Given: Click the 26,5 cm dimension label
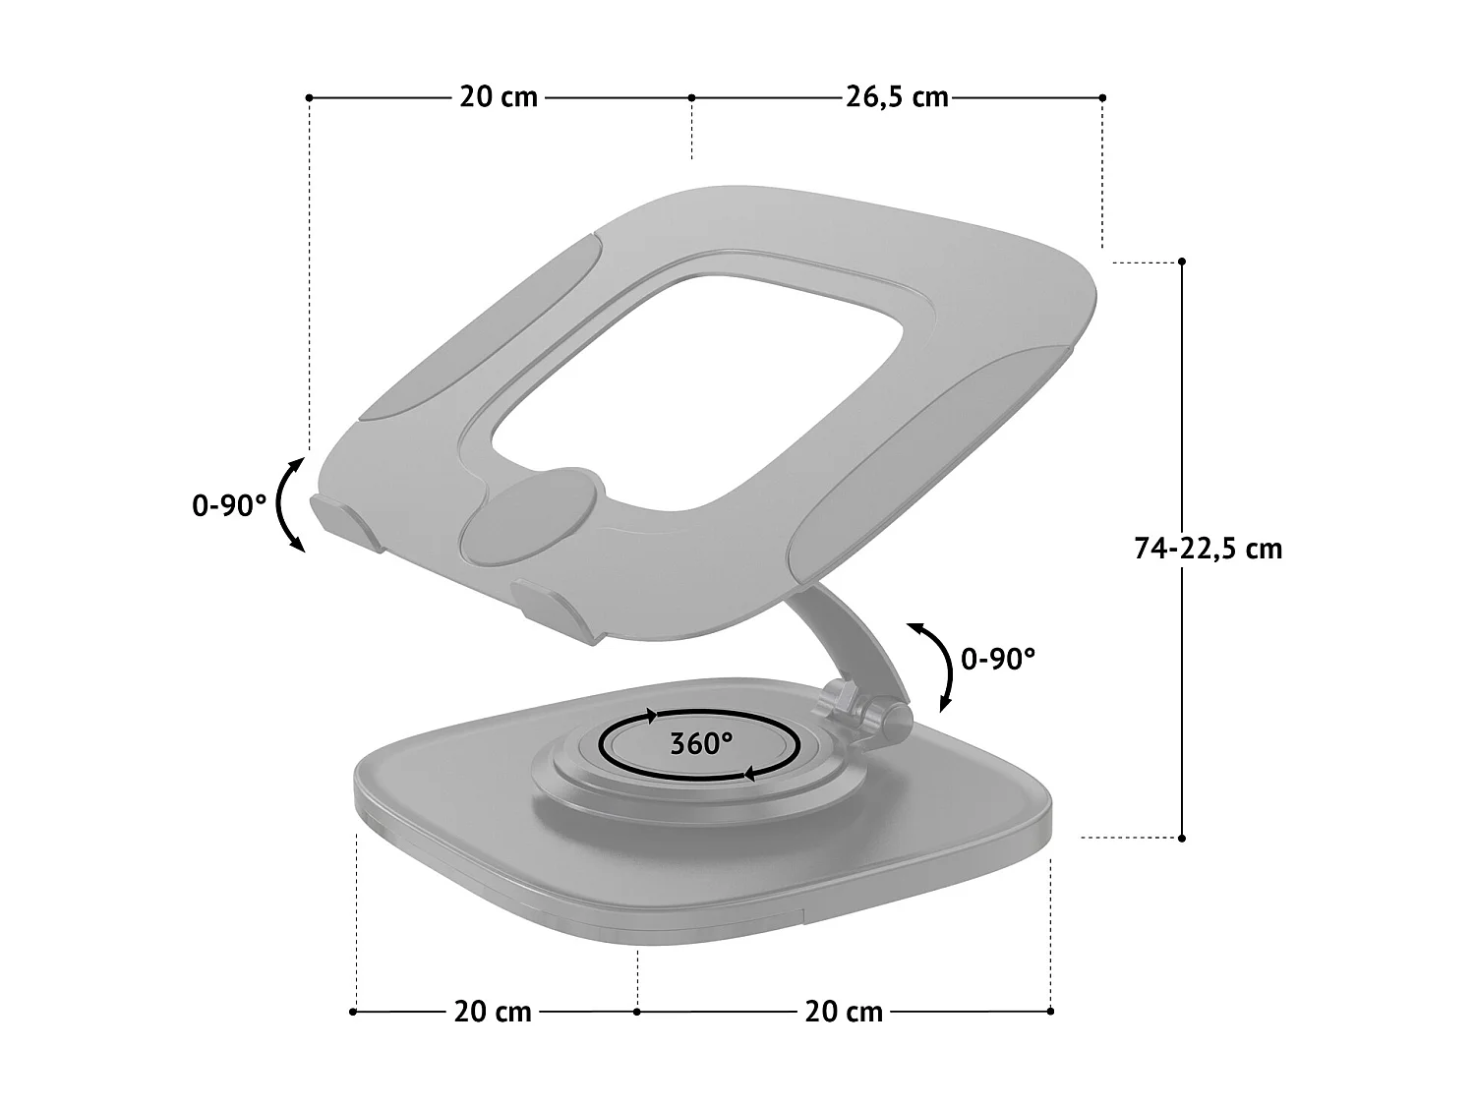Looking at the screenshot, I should [896, 97].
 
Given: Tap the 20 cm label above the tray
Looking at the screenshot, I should [499, 97].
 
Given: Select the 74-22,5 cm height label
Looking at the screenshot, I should [1208, 549].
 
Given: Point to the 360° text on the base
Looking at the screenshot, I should [701, 743].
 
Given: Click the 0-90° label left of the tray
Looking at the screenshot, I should [228, 506].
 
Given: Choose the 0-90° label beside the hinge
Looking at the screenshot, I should [998, 659].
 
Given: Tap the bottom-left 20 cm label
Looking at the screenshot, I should [493, 1011].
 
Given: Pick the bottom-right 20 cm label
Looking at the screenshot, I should [844, 1011].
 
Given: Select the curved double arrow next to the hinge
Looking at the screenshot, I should [937, 666].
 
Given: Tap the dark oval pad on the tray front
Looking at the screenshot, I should [531, 515].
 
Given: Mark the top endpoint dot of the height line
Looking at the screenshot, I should [1182, 262].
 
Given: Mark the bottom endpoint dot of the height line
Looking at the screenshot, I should [1182, 838].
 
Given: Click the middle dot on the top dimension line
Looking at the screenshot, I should [691, 97].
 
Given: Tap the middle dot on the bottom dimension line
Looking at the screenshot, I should [637, 1011].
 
